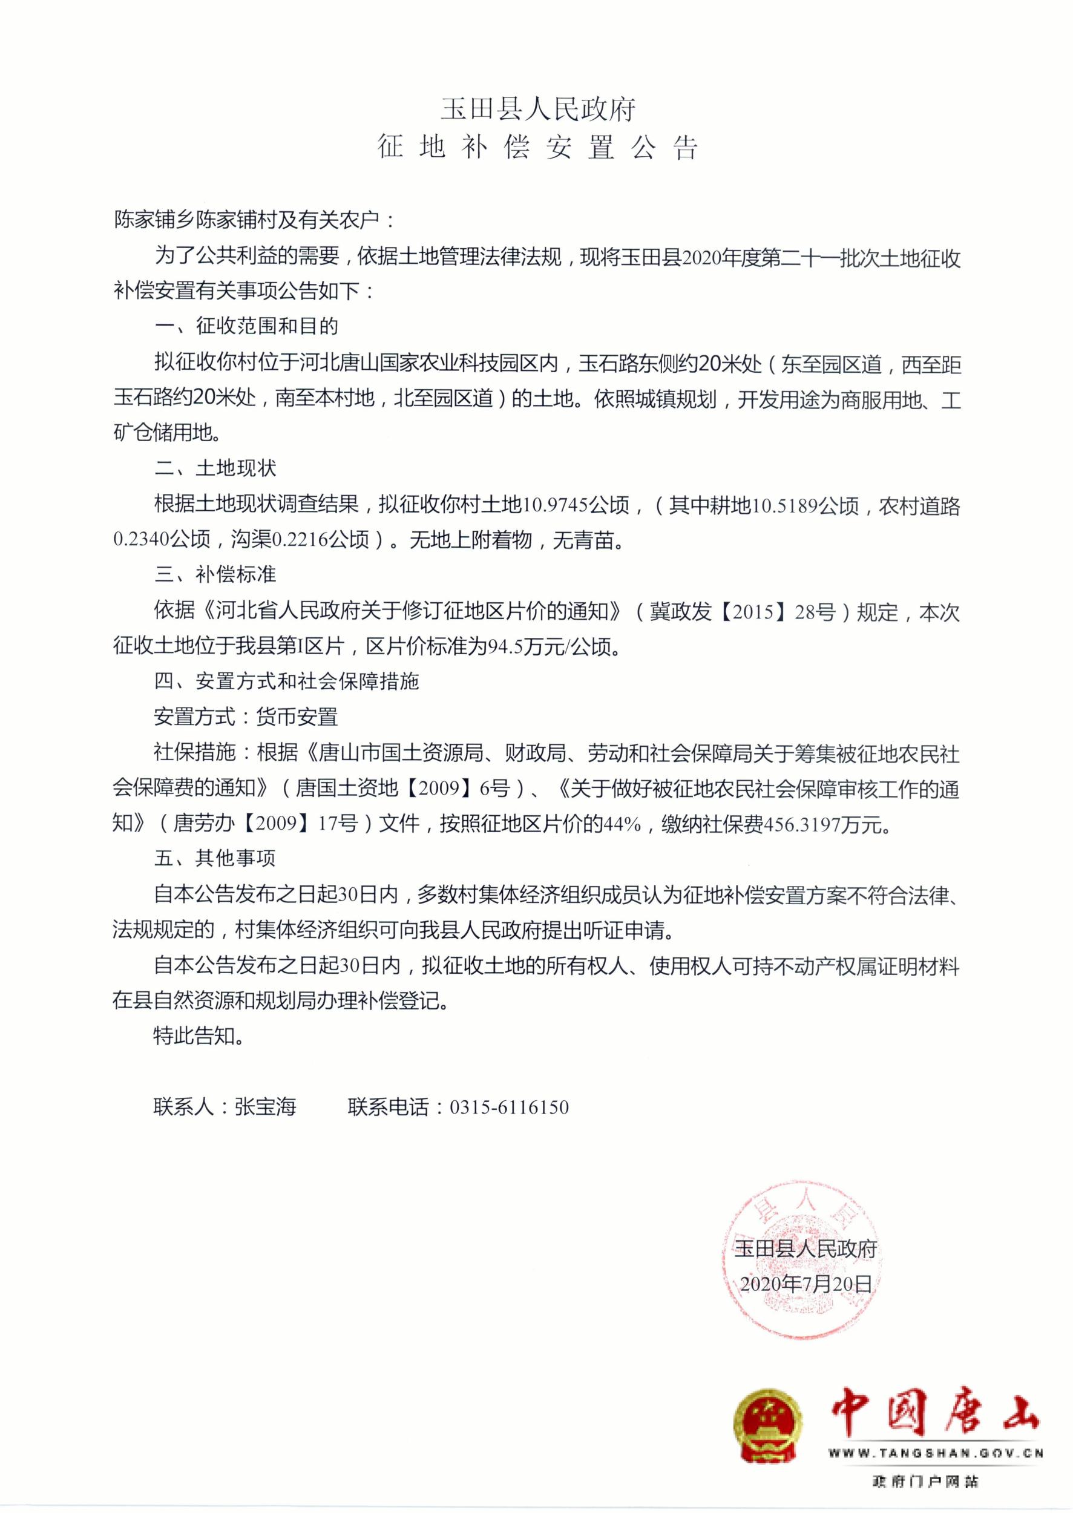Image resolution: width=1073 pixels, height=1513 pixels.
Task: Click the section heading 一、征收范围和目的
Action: click(246, 326)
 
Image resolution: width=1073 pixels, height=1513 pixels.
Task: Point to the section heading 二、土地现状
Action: click(215, 468)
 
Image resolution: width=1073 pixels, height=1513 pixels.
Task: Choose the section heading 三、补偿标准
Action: click(215, 574)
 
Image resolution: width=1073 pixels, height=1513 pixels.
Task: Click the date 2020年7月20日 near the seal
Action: click(806, 1284)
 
